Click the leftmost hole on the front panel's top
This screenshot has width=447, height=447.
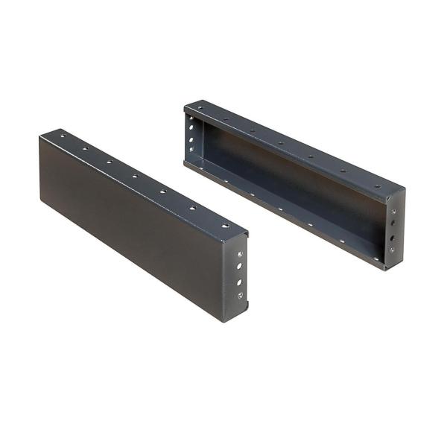click(x=63, y=137)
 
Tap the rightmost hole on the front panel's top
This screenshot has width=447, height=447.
click(x=221, y=222)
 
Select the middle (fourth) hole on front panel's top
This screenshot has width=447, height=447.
click(x=135, y=176)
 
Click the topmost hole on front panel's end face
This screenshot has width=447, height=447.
click(x=239, y=254)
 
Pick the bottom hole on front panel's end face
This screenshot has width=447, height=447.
click(x=240, y=296)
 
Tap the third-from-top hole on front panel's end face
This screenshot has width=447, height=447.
click(x=239, y=282)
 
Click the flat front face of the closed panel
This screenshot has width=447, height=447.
click(x=134, y=223)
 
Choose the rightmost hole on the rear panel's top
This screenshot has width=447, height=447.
click(x=377, y=186)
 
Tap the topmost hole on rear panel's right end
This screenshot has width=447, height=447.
click(x=393, y=211)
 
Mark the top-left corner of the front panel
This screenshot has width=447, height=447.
click(x=40, y=136)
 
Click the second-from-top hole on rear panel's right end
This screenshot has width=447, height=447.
click(x=393, y=223)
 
